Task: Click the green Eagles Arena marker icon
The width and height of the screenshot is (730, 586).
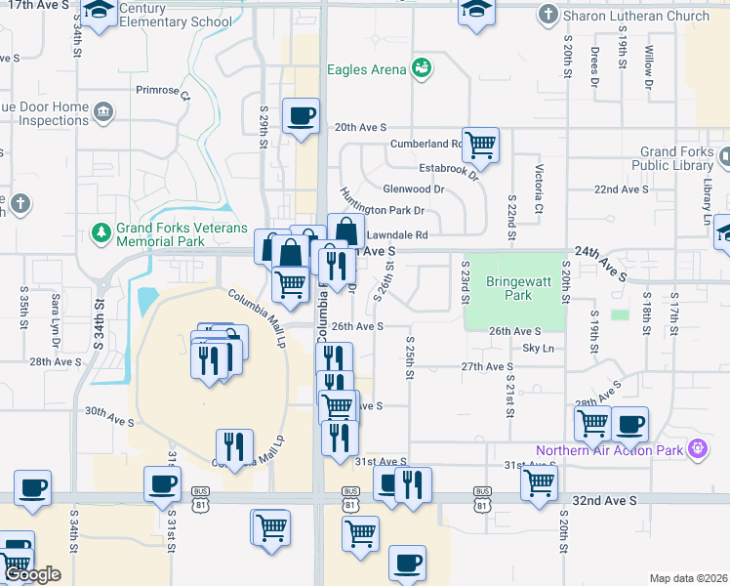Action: [422, 68]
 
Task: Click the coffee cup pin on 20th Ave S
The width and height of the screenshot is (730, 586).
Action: [301, 116]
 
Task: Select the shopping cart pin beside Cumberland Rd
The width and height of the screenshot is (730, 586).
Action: [480, 145]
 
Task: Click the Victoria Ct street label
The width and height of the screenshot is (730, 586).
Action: [538, 189]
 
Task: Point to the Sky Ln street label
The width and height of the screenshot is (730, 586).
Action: [538, 348]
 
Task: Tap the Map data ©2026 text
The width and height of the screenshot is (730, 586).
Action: [687, 578]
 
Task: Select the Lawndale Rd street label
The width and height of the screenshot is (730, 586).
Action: [397, 234]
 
